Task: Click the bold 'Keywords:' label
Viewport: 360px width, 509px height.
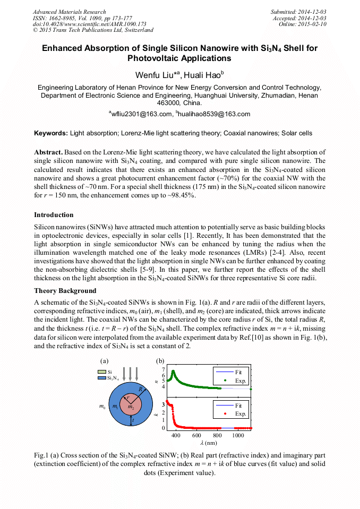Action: (x=51, y=133)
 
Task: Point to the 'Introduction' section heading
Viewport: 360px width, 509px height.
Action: (x=54, y=215)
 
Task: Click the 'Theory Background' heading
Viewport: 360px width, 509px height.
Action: (x=65, y=291)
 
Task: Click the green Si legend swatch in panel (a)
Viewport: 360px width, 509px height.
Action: (x=101, y=372)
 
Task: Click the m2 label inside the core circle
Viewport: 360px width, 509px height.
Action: (x=130, y=407)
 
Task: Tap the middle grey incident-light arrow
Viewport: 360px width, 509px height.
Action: (x=130, y=372)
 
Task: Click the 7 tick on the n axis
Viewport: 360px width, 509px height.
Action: (x=163, y=369)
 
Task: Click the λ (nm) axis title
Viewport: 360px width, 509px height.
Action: (x=208, y=443)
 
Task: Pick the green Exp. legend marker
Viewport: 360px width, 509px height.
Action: (x=225, y=381)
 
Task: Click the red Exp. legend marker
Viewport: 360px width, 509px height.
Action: (x=225, y=413)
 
